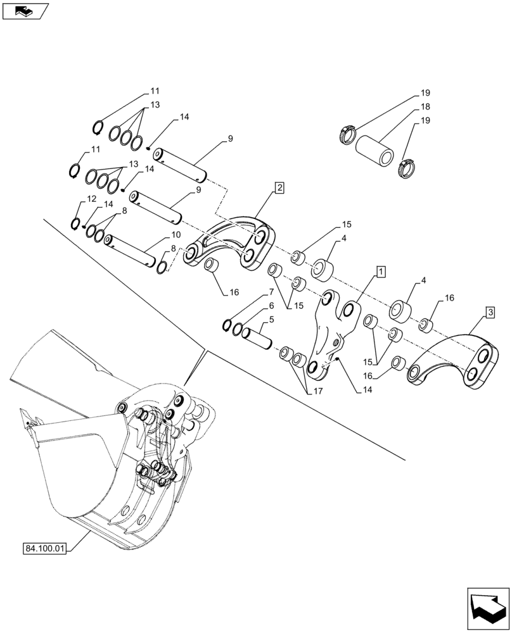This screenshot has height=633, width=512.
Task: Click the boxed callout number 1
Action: tap(380, 272)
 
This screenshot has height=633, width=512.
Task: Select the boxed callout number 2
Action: tap(279, 187)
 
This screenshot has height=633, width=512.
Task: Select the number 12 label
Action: tap(92, 199)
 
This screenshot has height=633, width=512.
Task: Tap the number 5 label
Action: tap(271, 320)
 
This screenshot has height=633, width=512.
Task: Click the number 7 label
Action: tap(271, 292)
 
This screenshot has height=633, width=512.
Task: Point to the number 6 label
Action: tap(271, 306)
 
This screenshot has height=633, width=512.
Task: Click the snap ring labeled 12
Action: tap(76, 223)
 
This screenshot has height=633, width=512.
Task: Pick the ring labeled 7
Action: tap(227, 325)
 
